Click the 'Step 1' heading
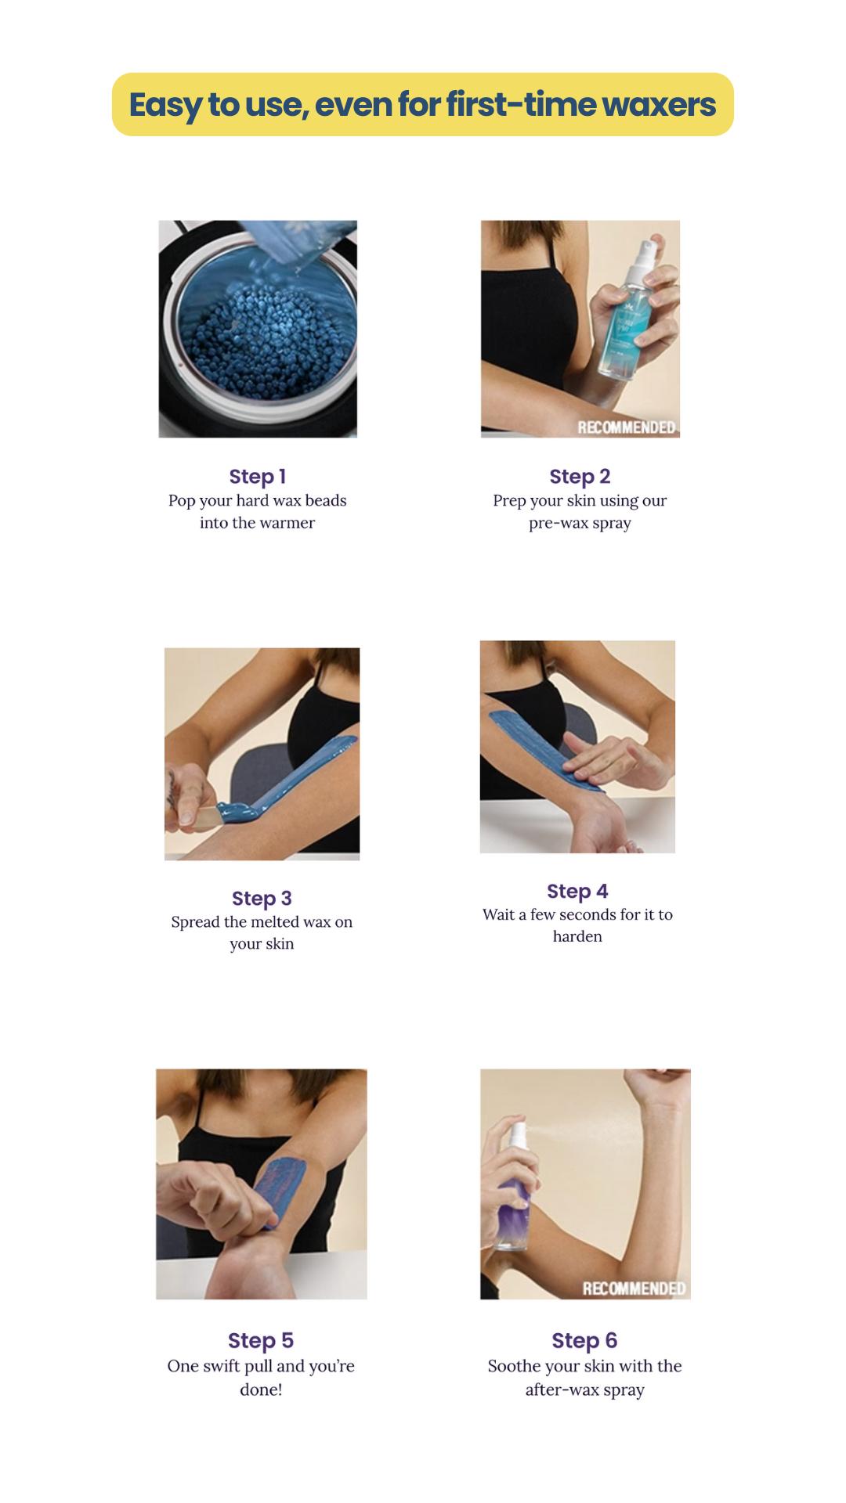click(257, 476)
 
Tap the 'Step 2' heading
click(580, 476)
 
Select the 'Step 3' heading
click(262, 898)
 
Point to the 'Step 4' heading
click(577, 891)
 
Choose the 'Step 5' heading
click(261, 1340)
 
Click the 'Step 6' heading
click(584, 1340)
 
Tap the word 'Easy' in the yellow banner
click(165, 105)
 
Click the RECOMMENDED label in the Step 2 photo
click(626, 427)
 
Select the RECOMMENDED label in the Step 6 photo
click(634, 1289)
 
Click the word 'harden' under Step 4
click(577, 936)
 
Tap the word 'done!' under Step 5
click(261, 1389)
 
